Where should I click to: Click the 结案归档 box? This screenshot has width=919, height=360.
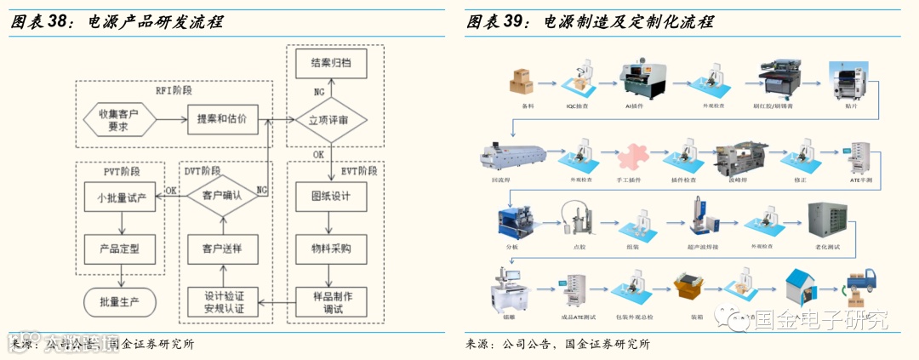pos(331,62)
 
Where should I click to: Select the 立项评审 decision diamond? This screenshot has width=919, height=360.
pos(331,118)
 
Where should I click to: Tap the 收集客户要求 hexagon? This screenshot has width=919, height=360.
pos(118,120)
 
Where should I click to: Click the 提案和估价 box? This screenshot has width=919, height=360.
pos(221,118)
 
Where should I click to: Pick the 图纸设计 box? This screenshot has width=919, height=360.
pos(331,196)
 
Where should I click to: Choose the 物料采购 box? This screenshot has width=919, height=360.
pos(331,249)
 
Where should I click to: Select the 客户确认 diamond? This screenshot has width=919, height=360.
pos(221,195)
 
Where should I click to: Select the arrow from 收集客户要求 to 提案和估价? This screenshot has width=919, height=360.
pos(170,119)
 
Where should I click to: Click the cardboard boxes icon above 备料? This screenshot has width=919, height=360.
pos(522,81)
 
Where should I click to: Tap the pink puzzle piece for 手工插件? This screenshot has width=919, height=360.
pos(631,155)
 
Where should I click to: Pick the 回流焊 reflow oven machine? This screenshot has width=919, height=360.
pos(509,153)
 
